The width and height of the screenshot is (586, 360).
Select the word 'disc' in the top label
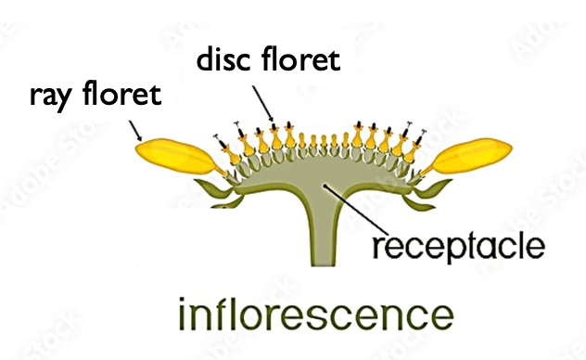(223, 62)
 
